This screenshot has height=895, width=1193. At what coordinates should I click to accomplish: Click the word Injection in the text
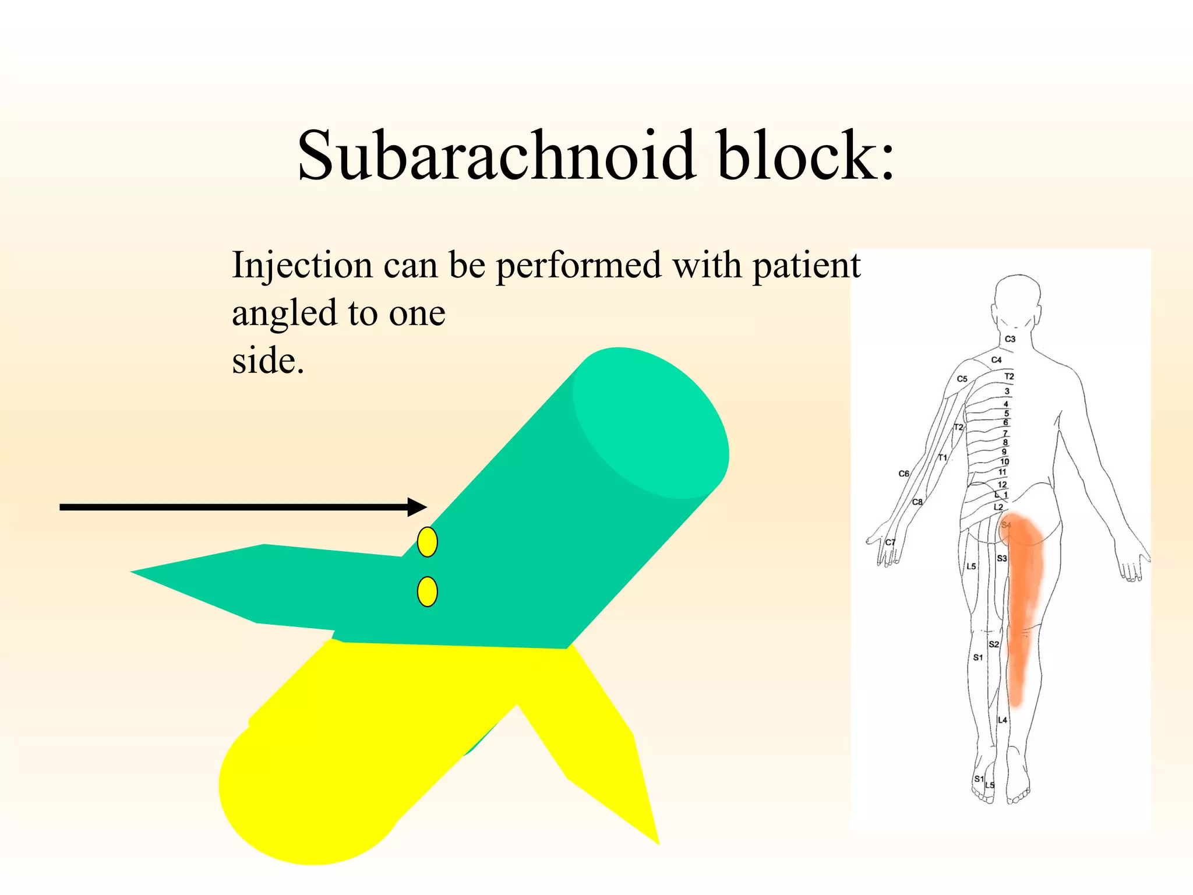pyautogui.click(x=302, y=266)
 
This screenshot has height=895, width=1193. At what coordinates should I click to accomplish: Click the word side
pyautogui.click(x=267, y=361)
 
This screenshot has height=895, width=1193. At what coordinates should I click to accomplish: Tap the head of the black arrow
pyautogui.click(x=418, y=507)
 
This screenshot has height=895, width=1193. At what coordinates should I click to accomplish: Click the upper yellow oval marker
pyautogui.click(x=428, y=542)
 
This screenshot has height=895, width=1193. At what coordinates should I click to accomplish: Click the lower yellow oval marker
pyautogui.click(x=428, y=592)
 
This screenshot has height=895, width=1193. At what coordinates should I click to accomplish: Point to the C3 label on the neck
pyautogui.click(x=1010, y=339)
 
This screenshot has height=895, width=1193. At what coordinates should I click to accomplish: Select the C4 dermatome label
pyautogui.click(x=997, y=360)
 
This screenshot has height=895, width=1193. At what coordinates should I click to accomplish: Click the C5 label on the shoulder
pyautogui.click(x=962, y=379)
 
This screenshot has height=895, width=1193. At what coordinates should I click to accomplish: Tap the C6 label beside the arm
pyautogui.click(x=903, y=474)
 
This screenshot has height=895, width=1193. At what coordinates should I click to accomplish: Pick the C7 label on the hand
pyautogui.click(x=890, y=542)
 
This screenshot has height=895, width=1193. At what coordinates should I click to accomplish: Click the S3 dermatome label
pyautogui.click(x=1001, y=558)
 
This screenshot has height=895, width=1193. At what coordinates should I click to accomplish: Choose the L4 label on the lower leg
pyautogui.click(x=1002, y=720)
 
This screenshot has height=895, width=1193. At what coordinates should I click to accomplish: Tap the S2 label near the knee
pyautogui.click(x=994, y=644)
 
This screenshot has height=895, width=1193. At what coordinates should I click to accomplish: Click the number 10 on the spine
pyautogui.click(x=1005, y=461)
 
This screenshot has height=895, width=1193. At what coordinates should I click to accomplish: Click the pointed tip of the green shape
pyautogui.click(x=133, y=572)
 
